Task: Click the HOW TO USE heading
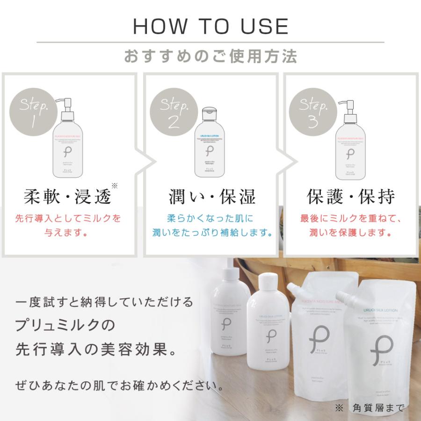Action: (210, 27)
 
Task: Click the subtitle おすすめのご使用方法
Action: (210, 57)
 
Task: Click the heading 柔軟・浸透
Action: (68, 197)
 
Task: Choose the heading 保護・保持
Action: (351, 197)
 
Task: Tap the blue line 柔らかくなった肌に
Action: (210, 218)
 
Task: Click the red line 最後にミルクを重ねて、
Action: (351, 218)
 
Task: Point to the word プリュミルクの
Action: (65, 324)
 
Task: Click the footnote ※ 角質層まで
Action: (369, 408)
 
